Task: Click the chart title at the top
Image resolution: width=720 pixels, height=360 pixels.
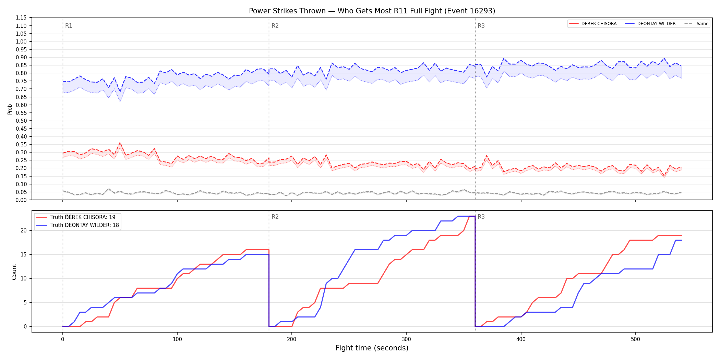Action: point(372,11)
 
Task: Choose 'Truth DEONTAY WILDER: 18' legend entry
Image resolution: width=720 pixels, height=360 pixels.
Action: point(77,225)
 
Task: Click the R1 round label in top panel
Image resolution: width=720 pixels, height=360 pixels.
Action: point(69,26)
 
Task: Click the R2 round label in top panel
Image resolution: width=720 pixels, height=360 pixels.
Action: point(275,26)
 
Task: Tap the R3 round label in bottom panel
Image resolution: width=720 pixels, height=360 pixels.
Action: point(481,217)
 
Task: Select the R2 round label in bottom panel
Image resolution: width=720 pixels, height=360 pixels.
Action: point(275,217)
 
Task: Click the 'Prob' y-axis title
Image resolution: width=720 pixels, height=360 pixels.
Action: point(10,109)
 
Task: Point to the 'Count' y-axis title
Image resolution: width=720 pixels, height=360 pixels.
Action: point(14,272)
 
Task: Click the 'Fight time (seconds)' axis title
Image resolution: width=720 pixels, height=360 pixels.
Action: point(372,348)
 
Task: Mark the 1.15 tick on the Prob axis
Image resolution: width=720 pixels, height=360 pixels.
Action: point(21,18)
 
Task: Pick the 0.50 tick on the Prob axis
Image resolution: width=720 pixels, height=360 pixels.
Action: point(21,121)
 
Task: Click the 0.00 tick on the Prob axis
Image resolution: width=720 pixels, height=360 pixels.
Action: point(21,200)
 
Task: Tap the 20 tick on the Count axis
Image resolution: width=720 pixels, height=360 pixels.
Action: point(23,231)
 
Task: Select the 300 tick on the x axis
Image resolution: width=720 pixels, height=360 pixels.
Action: point(406,339)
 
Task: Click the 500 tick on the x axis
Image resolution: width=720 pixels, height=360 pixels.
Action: point(635,339)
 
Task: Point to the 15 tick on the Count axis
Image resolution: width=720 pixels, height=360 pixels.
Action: point(23,255)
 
